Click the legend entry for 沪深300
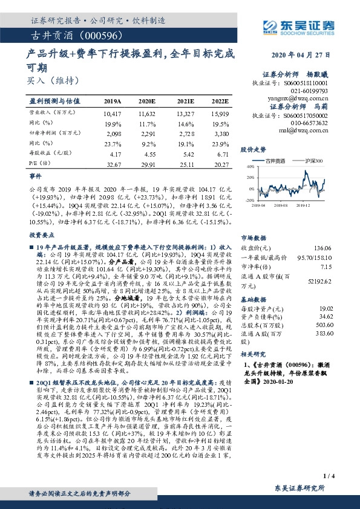click(313, 161)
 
